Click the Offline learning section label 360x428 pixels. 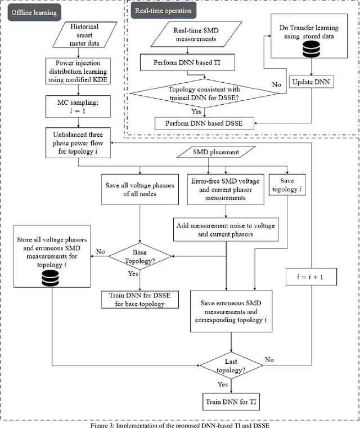click(34, 12)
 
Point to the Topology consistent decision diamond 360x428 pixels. click(200, 93)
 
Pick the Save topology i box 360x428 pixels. click(287, 184)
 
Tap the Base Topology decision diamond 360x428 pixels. click(141, 258)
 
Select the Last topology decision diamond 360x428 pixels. click(232, 367)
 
